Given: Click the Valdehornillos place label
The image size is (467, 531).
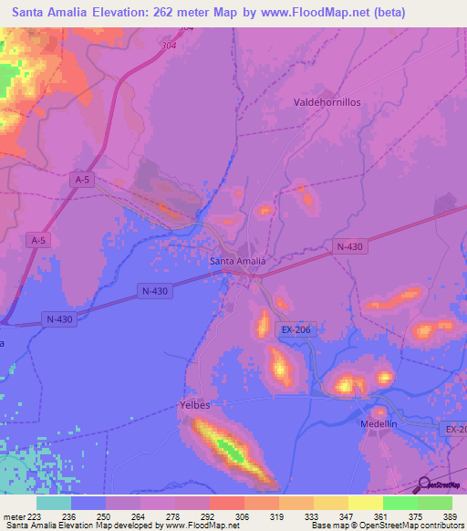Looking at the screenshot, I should [327, 103].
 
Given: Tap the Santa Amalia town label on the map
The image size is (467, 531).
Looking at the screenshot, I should [237, 261].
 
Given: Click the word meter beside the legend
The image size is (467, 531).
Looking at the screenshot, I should [13, 515].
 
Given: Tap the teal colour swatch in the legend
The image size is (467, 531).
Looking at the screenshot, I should [54, 503].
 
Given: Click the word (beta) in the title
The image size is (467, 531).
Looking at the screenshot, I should [387, 12].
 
